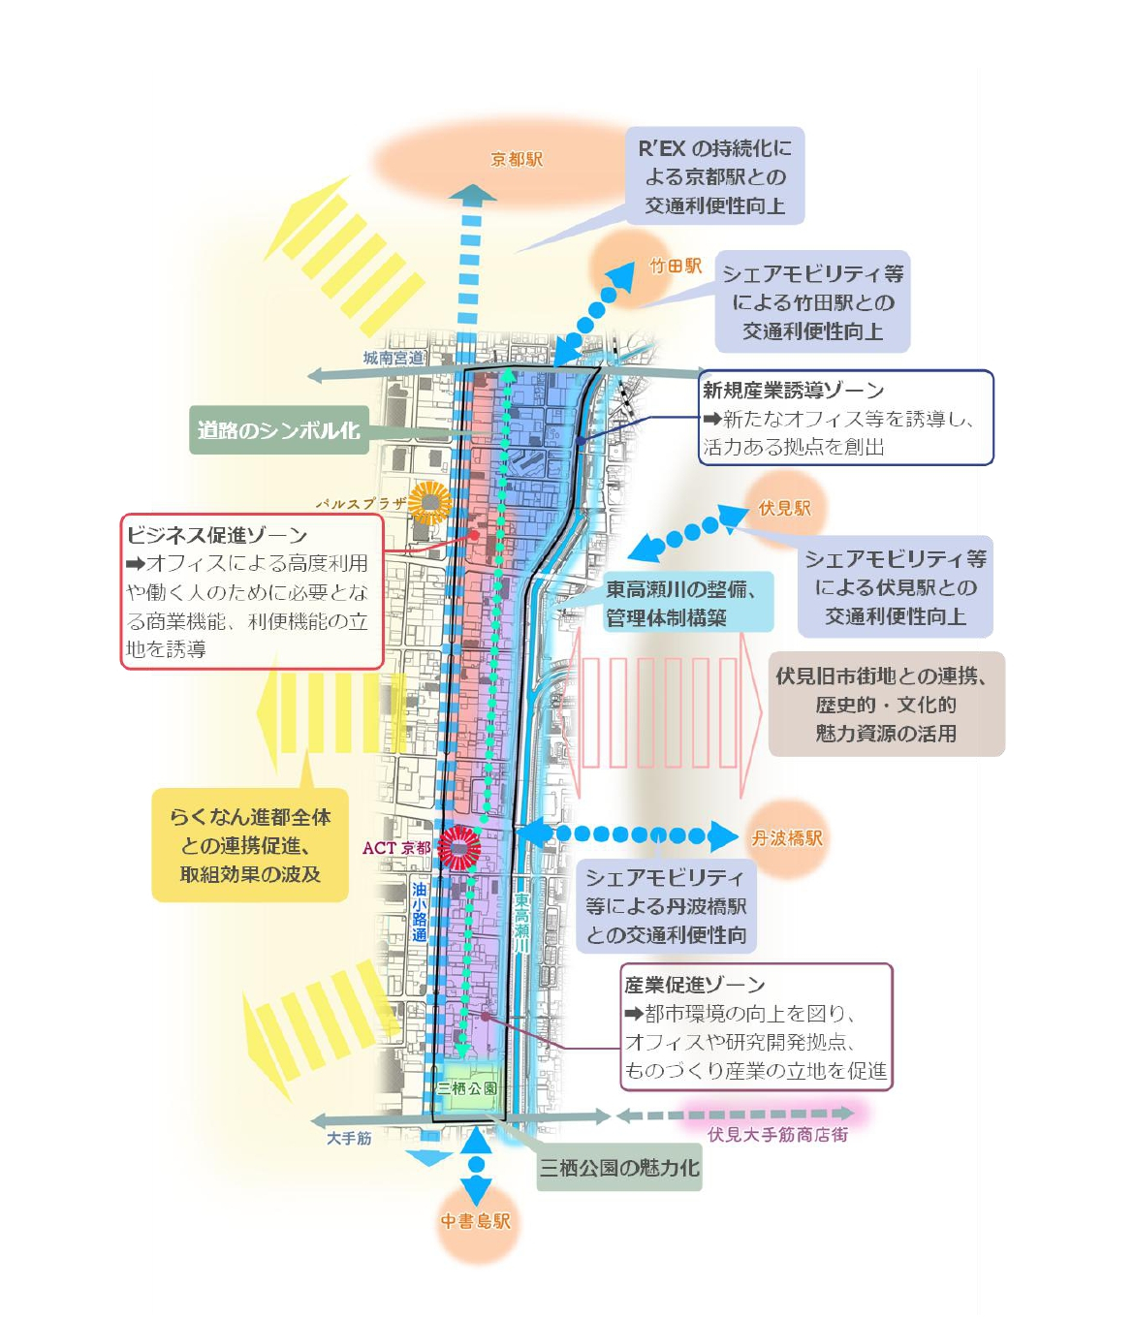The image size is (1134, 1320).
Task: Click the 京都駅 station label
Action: [x=517, y=160]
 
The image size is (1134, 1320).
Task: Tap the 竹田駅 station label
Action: [x=675, y=266]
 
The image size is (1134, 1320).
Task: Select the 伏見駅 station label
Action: [x=784, y=508]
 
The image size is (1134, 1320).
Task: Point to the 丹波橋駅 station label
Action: [x=786, y=838]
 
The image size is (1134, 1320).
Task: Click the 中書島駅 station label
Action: [x=475, y=1221]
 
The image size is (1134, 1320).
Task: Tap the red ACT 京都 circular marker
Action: [x=458, y=848]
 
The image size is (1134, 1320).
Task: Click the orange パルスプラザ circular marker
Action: [x=429, y=503]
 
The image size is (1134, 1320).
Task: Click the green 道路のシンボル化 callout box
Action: [x=278, y=430]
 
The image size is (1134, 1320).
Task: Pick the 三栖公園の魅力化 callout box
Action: [x=619, y=1169]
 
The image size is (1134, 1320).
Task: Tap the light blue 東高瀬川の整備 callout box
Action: [x=687, y=603]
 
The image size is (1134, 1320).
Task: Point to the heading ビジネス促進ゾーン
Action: [x=217, y=535]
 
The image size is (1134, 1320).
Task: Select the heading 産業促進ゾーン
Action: [x=694, y=986]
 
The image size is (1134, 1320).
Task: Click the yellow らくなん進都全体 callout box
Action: [x=250, y=846]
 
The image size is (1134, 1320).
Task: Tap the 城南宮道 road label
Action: [x=394, y=358]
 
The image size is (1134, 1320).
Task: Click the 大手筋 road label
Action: [x=349, y=1138]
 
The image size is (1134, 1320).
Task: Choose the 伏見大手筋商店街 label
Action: [x=777, y=1134]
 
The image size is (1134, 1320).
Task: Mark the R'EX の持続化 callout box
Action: [x=714, y=176]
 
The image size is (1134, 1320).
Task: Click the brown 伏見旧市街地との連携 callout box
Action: [x=886, y=705]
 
